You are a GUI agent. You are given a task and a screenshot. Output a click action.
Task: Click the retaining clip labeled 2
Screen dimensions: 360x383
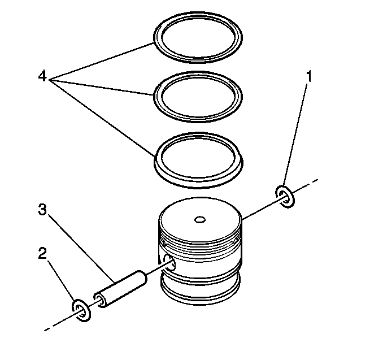click(x=80, y=310)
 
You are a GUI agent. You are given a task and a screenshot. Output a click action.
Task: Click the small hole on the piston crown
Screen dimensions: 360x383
click(x=199, y=218)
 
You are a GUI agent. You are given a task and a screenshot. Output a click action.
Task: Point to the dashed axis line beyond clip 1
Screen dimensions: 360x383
click(x=308, y=185)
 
